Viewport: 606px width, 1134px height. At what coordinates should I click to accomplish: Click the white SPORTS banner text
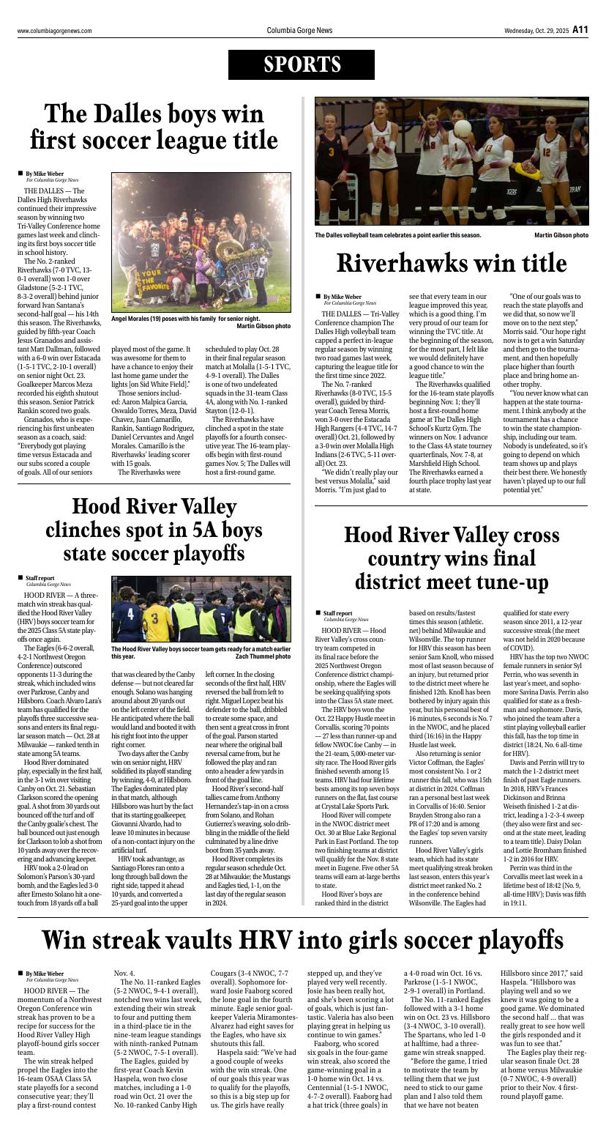[x=302, y=65]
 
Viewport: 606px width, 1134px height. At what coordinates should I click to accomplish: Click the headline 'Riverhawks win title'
[x=452, y=263]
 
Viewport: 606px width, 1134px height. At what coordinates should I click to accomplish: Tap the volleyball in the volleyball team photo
[x=463, y=129]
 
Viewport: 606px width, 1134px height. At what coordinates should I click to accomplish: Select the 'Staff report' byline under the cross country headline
[x=337, y=613]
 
